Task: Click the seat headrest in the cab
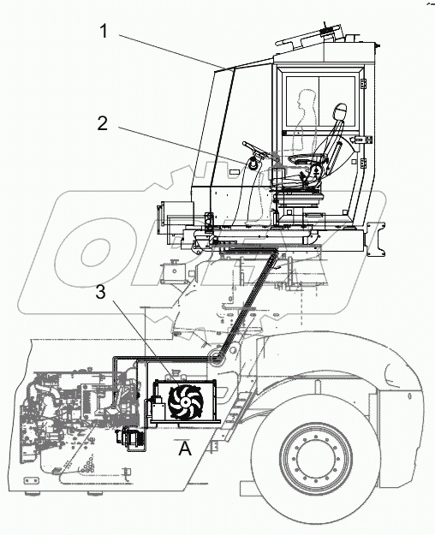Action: [339, 112]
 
